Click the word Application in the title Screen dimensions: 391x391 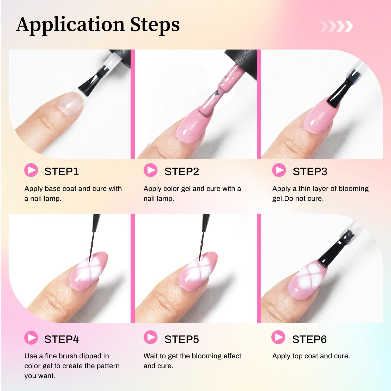click(x=70, y=25)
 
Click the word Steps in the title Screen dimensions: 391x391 click(x=155, y=25)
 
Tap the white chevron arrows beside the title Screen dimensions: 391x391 click(x=336, y=26)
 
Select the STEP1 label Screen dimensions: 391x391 click(x=62, y=172)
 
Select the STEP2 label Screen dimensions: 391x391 click(x=182, y=172)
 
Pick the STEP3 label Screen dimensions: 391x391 click(x=310, y=172)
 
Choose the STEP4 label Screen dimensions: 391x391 click(x=62, y=339)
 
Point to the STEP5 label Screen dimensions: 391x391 click(x=182, y=339)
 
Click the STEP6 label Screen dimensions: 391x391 click(x=309, y=339)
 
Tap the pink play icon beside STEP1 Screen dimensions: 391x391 click(x=31, y=170)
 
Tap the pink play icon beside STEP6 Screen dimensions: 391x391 click(x=278, y=337)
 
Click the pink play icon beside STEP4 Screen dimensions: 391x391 click(x=31, y=338)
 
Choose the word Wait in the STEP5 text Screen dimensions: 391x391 click(x=151, y=356)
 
